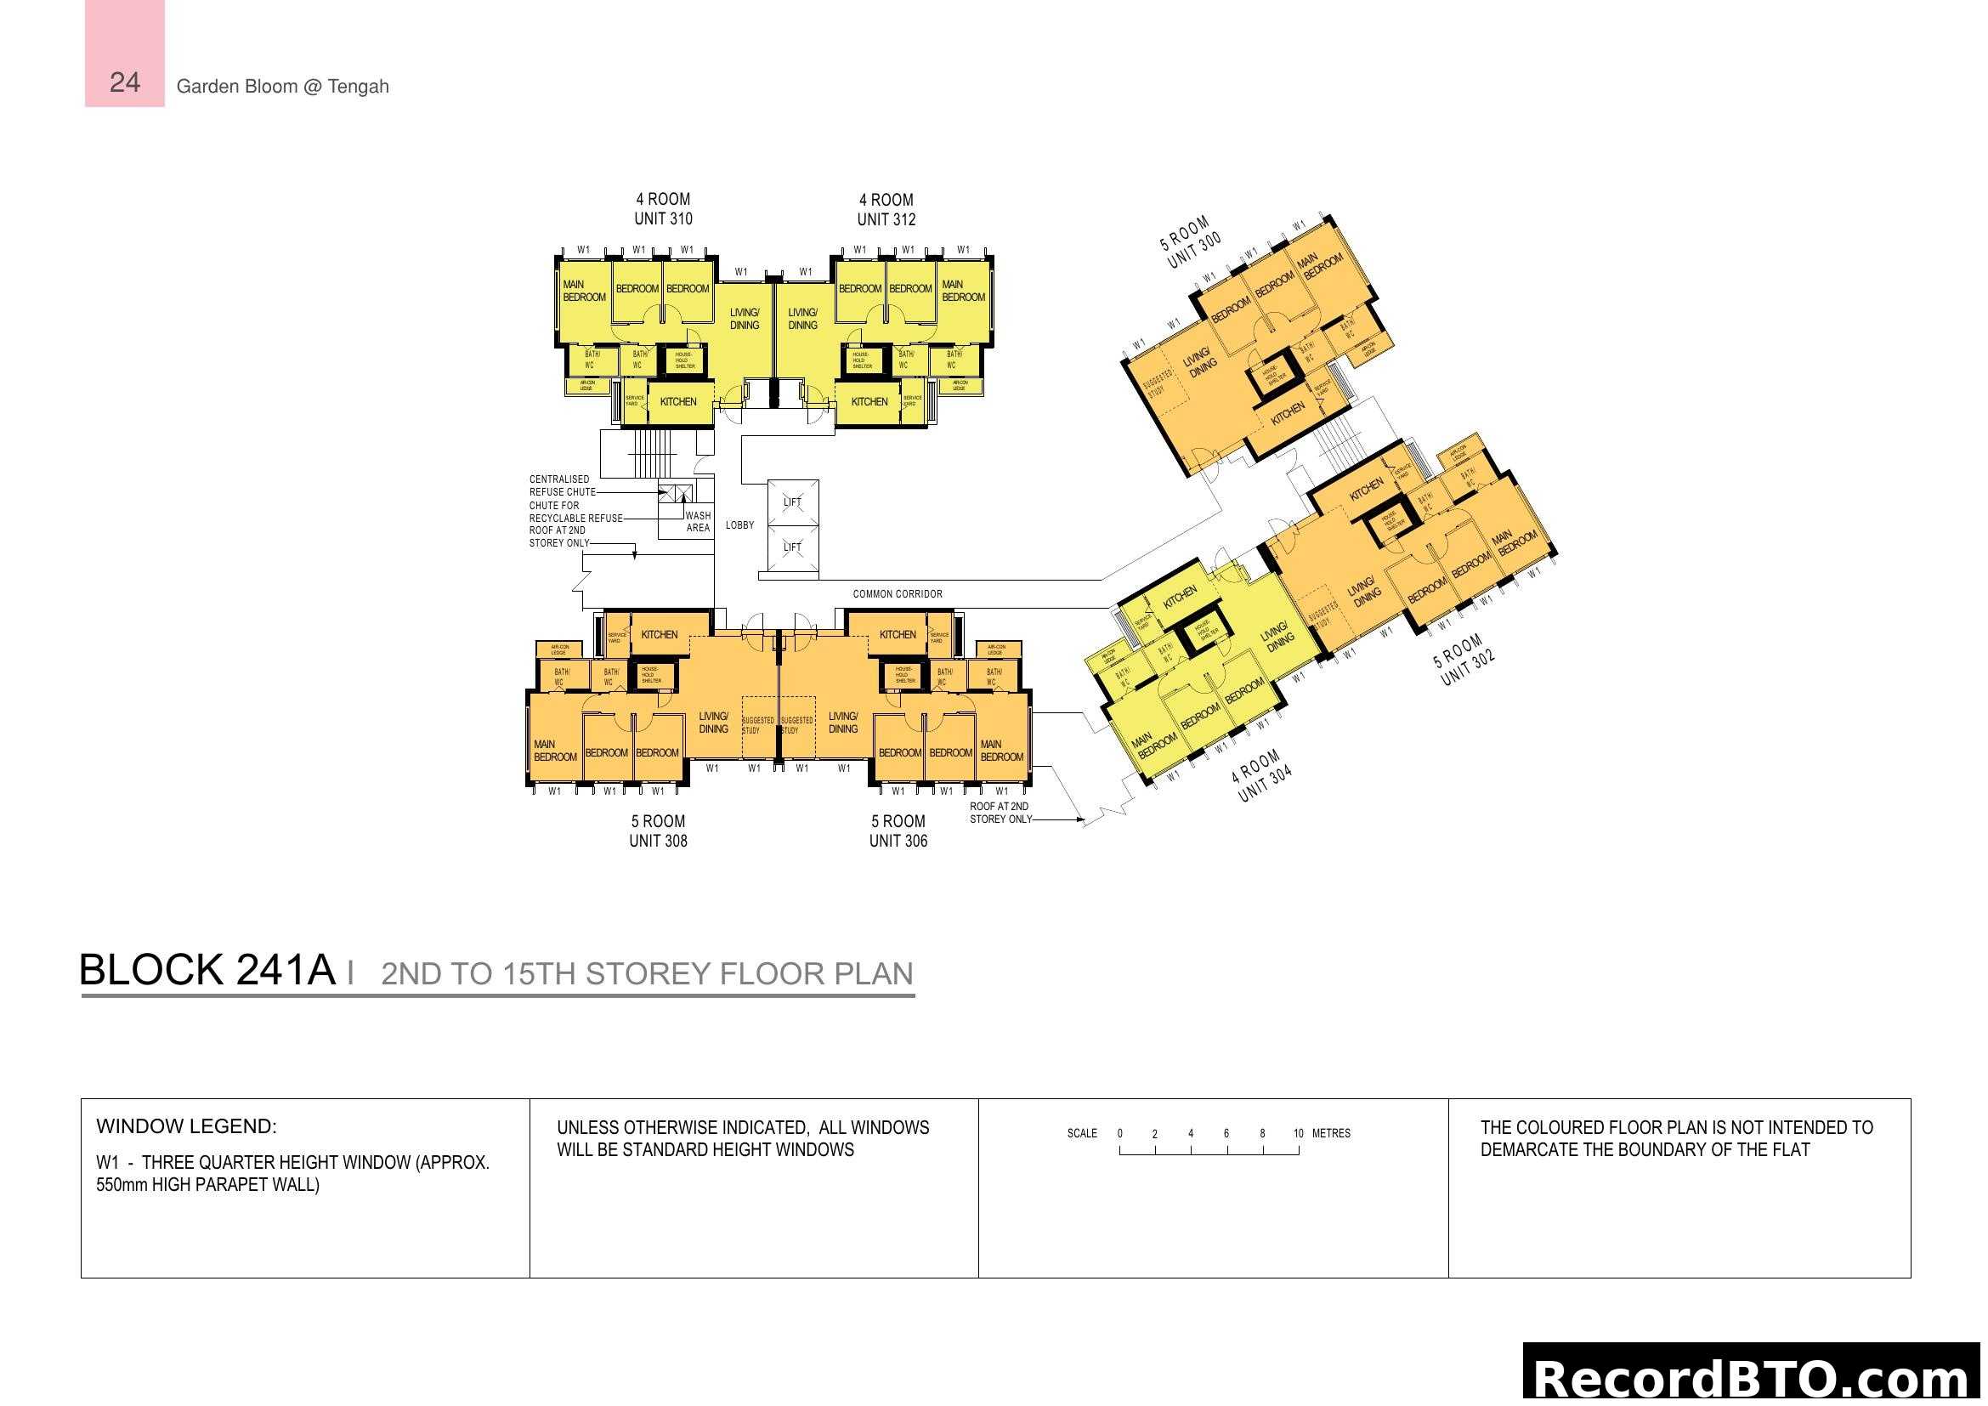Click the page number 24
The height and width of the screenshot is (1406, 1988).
125,82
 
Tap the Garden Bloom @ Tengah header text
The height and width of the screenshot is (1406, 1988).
282,87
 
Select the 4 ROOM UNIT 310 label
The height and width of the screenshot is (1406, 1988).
663,209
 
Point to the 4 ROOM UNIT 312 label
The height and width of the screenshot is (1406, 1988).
886,209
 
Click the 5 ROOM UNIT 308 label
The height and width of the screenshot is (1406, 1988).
658,831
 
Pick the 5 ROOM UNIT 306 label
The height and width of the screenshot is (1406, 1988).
898,831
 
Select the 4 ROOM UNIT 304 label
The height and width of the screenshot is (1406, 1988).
1261,776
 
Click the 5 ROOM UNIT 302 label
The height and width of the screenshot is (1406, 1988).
1464,660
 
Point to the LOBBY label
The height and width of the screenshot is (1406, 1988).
739,525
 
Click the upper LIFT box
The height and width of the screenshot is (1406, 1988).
792,502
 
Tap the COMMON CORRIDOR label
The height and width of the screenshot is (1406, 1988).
897,594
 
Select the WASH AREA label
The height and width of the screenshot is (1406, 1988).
698,522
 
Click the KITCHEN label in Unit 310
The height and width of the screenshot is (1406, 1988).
678,402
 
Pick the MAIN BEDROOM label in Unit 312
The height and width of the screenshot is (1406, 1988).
963,291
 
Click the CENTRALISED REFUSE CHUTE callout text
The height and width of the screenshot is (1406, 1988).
562,485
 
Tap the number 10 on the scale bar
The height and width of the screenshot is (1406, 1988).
1298,1133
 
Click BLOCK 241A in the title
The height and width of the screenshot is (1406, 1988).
206,970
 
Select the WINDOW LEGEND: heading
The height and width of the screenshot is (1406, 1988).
186,1126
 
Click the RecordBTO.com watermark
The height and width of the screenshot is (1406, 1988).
1753,1377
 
